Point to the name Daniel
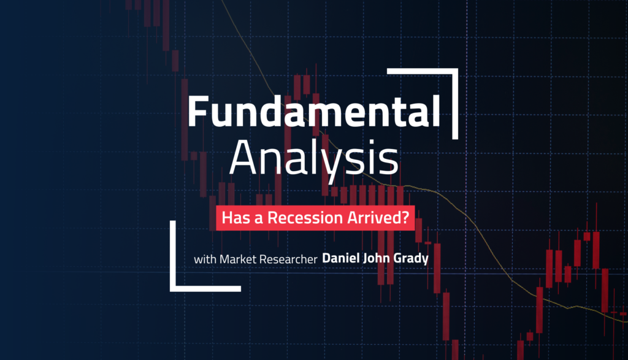[x=342, y=259]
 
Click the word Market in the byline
[x=234, y=259]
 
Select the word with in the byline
[x=204, y=259]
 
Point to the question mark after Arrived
[x=405, y=217]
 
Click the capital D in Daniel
[x=327, y=259]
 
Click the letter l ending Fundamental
[x=435, y=112]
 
